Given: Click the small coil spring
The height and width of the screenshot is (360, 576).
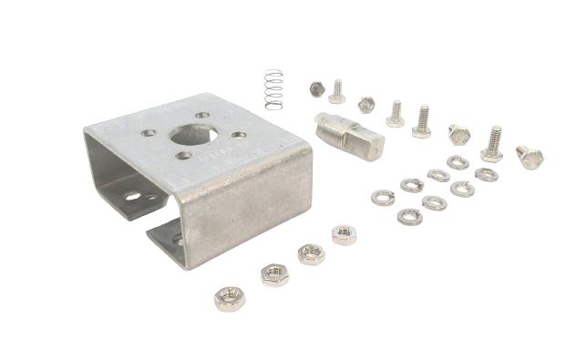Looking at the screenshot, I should click(273, 89).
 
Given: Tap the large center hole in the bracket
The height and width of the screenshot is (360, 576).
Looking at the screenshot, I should click(193, 135).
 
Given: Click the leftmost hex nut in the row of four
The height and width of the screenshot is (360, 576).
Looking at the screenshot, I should click(228, 298).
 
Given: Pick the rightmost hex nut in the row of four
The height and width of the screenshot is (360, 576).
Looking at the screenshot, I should click(344, 235).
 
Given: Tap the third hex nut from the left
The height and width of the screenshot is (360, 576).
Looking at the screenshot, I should click(311, 253).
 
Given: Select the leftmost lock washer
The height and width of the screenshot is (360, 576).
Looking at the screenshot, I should click(383, 197).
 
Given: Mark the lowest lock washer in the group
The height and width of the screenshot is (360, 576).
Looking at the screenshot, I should click(409, 217).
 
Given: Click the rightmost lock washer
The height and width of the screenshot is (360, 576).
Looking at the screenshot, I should click(487, 174).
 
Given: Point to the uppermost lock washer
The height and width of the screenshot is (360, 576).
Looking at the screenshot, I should click(458, 162).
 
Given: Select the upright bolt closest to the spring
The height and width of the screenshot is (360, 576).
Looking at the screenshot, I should click(336, 92).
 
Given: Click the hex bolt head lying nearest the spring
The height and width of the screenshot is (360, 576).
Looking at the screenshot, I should click(317, 88).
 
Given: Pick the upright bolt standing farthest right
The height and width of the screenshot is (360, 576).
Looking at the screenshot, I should click(492, 145).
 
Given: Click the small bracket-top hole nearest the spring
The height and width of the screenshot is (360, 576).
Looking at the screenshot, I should click(202, 116).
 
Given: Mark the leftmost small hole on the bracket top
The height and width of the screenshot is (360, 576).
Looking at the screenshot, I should click(148, 133).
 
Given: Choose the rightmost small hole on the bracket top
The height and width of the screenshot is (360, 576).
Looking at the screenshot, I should click(239, 135).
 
